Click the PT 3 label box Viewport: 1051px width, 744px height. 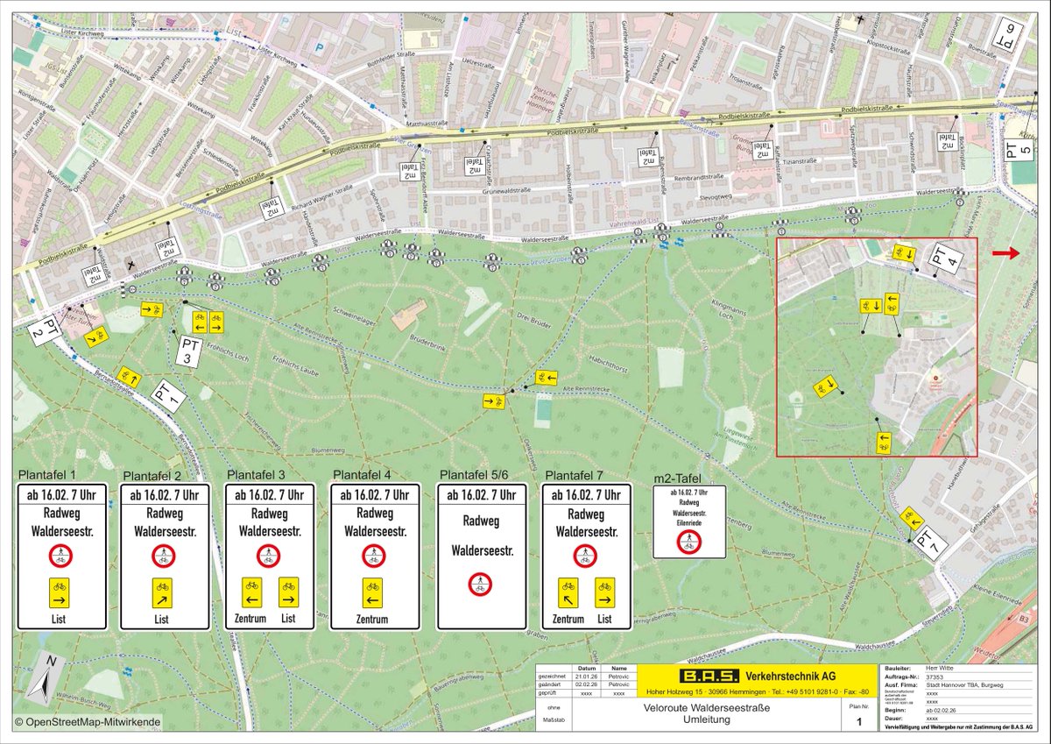pos(190,351)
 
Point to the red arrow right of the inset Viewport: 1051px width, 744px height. pos(1007,253)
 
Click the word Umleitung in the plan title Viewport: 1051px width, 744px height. pos(706,719)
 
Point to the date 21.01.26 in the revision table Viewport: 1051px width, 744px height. pos(588,677)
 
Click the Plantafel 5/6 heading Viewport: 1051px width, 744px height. pos(481,474)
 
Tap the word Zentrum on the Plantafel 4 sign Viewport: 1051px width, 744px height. pos(372,619)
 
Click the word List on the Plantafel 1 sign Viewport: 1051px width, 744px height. pos(61,619)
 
